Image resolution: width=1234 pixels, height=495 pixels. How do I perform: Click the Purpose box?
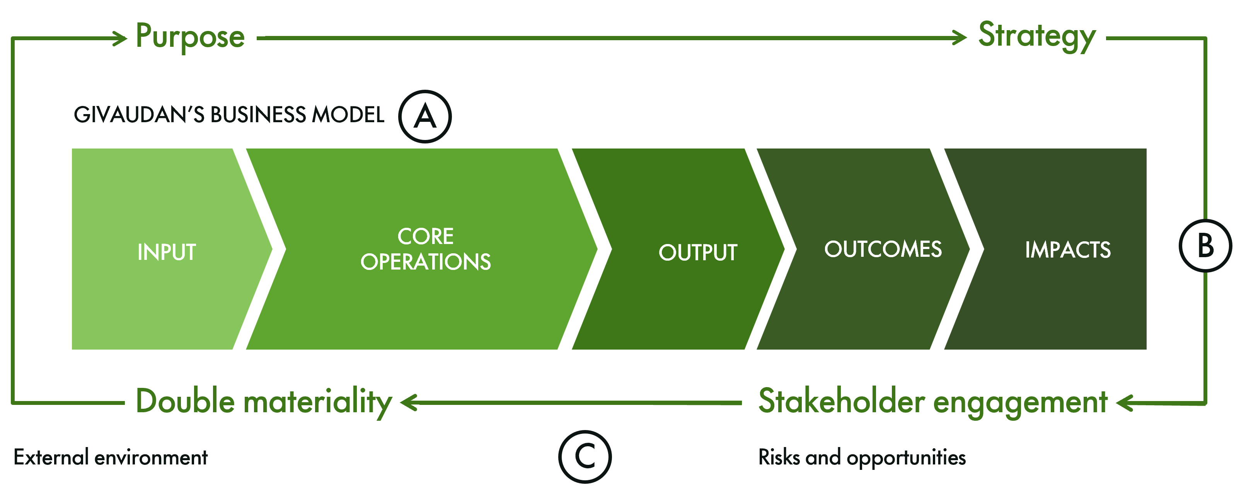click(x=190, y=36)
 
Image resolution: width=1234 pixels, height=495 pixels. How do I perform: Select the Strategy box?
click(x=1031, y=34)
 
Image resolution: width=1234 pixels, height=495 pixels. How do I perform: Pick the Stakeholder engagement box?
click(x=932, y=401)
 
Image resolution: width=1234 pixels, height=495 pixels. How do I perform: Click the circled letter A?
click(x=425, y=116)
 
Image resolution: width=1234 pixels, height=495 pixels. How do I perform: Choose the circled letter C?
click(x=585, y=457)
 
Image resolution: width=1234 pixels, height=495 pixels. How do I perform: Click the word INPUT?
click(x=167, y=252)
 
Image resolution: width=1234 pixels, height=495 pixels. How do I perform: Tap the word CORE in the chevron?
click(x=425, y=236)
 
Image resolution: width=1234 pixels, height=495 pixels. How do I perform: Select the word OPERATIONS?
click(x=425, y=262)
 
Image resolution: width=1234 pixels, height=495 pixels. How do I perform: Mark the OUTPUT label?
click(x=698, y=253)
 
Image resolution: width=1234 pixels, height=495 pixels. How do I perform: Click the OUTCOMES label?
click(x=883, y=249)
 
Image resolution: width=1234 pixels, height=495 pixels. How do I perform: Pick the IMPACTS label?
click(x=1068, y=250)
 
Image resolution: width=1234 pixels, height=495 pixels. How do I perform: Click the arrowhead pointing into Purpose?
click(x=119, y=38)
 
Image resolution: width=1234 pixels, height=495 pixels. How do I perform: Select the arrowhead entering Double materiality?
click(x=409, y=403)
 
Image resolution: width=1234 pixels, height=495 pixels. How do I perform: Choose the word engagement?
click(x=1020, y=403)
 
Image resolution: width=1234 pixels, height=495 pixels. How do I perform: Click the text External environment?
click(x=111, y=457)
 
